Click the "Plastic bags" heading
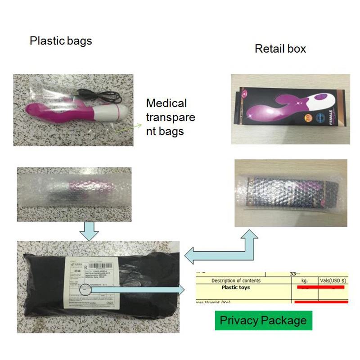click(61, 41)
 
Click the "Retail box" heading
click(280, 49)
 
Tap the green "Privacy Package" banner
click(263, 320)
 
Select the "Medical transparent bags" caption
click(170, 117)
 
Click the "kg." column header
click(305, 280)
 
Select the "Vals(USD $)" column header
click(333, 280)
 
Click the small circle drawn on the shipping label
click(85, 290)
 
